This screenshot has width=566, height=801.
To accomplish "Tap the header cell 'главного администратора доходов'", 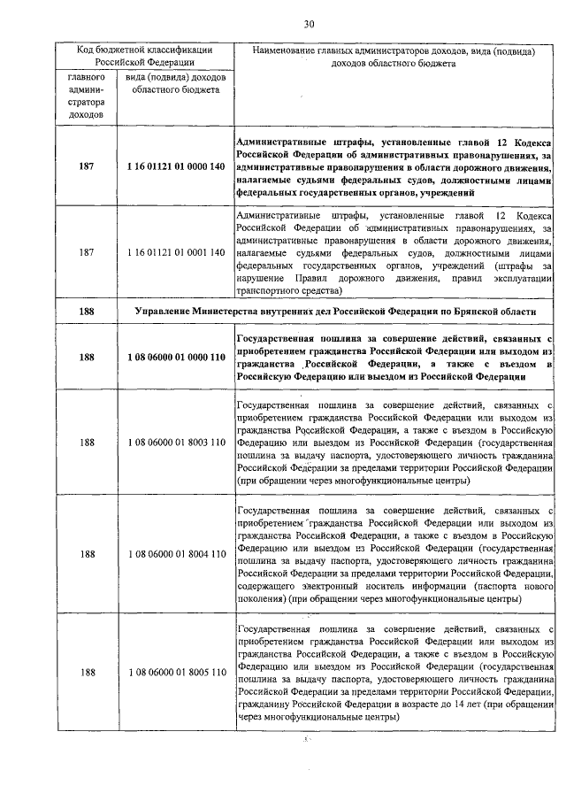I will coord(86,96).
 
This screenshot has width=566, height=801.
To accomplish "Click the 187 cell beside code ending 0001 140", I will coord(86,252).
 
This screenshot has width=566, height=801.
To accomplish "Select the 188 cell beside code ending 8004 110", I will coord(86,553).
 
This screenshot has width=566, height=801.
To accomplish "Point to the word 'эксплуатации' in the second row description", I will coord(523,277).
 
